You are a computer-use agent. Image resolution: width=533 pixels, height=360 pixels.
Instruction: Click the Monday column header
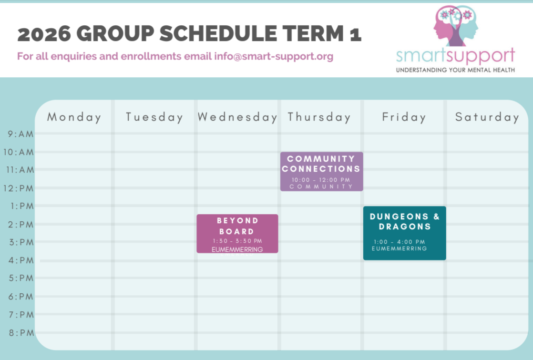point(74,117)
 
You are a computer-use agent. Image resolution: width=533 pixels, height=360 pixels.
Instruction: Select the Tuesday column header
point(154,117)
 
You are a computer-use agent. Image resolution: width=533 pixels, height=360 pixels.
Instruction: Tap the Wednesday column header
point(237,117)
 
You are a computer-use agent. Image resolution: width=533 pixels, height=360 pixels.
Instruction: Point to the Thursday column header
point(319,117)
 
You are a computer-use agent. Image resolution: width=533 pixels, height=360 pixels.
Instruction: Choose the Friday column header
point(404,117)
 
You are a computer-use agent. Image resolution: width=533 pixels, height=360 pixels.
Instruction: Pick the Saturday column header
point(487,117)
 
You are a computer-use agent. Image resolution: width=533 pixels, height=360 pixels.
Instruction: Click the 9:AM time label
point(20,134)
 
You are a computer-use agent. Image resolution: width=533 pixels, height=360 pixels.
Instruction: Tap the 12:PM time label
point(19,188)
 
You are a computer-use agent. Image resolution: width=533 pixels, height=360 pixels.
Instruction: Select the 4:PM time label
point(21,260)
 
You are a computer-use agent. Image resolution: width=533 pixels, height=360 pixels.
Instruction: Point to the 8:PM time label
point(21,333)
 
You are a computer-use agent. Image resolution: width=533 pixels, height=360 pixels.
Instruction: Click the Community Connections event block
point(322,171)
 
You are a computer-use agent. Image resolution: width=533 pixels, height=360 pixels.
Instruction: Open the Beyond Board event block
point(237,234)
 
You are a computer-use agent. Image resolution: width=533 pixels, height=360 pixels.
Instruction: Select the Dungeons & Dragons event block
point(404,233)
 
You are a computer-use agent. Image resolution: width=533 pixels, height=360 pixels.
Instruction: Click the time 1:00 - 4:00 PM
point(399,242)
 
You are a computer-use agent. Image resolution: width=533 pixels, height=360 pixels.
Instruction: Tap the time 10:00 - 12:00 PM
point(321,180)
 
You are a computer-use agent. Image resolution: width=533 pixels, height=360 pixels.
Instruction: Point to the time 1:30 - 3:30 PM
point(237,241)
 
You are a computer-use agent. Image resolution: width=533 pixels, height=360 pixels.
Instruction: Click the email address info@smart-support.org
point(274,56)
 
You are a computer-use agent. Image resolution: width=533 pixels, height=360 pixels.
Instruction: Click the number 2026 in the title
point(44,34)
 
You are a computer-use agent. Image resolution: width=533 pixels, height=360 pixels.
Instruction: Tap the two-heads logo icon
point(455,26)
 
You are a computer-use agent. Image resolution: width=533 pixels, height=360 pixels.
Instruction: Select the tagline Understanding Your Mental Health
point(455,70)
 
